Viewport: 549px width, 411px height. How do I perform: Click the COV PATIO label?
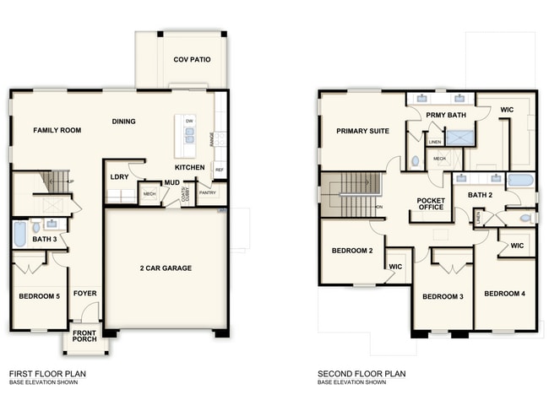coord(192,60)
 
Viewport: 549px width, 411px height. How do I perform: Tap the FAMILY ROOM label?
coord(57,131)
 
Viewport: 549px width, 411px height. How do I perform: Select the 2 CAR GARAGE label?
coord(166,268)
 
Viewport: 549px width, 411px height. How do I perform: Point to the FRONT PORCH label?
coord(84,336)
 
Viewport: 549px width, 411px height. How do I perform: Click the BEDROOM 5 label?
coord(38,296)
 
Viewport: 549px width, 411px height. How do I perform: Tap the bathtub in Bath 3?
coord(19,234)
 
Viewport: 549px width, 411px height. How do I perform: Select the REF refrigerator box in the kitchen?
coord(220,170)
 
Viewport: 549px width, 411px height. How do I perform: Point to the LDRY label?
coord(119,176)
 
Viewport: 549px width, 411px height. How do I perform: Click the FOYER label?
coord(84,294)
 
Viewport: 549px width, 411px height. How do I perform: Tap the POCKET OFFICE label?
coord(430,203)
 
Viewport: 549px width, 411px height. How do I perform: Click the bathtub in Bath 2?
coord(519,179)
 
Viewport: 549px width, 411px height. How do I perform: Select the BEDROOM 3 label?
coord(443,296)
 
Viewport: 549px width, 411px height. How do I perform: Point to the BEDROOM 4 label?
coord(504,293)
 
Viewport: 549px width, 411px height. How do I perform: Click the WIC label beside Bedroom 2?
coord(394,266)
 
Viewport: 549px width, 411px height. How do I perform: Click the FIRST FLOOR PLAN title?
coord(47,373)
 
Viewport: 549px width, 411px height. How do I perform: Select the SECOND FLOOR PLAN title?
coord(361,373)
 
